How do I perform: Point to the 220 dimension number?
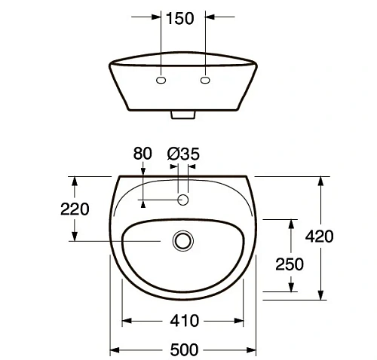(75, 209)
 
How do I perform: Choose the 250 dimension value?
(290, 264)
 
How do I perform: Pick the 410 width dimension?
(184, 322)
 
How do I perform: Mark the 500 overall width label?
(184, 349)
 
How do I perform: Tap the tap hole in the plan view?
(182, 200)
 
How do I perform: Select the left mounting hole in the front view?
(161, 80)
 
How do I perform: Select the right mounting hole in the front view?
(206, 80)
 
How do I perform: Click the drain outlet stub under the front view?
(184, 115)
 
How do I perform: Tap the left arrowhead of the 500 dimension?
(115, 349)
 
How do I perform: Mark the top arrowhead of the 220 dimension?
(74, 181)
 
